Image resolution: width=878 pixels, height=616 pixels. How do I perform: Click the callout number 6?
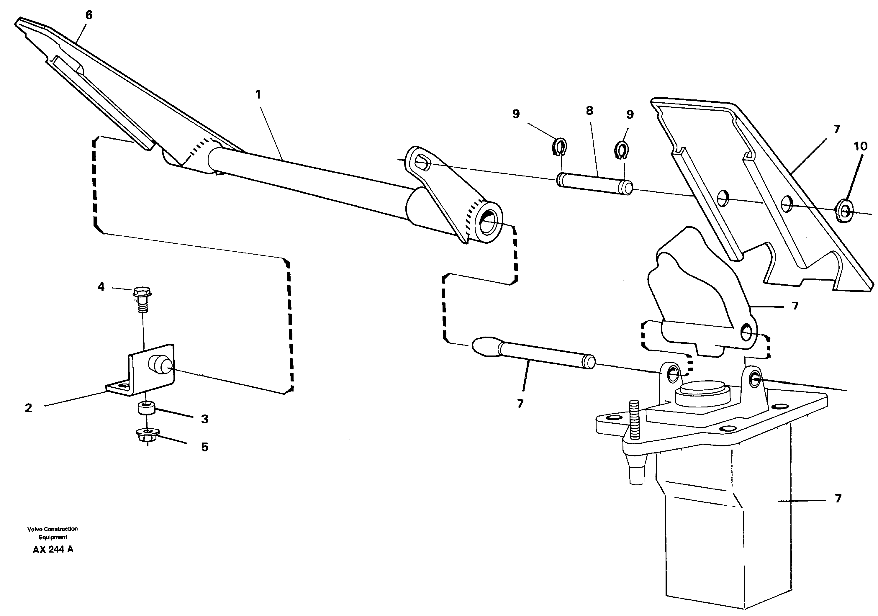pos(89,15)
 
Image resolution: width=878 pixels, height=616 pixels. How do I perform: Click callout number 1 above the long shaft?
pos(258,94)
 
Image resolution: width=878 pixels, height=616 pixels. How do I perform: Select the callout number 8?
pos(589,111)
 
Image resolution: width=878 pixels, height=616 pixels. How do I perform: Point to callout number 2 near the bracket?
pos(29,408)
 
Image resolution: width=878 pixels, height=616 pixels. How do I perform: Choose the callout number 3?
pos(205,419)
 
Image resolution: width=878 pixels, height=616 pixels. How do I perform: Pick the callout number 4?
pos(101,287)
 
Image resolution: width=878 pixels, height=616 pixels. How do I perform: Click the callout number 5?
pos(205,447)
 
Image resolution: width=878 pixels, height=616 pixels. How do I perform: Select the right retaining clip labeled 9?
pos(623,150)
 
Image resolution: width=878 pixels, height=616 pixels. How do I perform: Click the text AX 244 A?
pos(53,549)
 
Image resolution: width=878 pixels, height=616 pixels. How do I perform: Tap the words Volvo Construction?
pos(53,529)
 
